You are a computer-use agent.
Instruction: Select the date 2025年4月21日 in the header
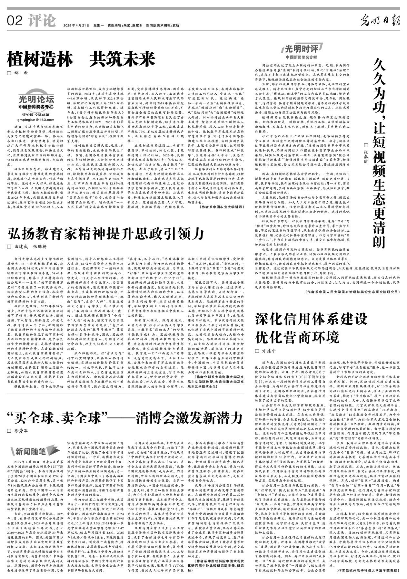click(76, 26)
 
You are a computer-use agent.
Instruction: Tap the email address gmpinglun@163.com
click(36, 120)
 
